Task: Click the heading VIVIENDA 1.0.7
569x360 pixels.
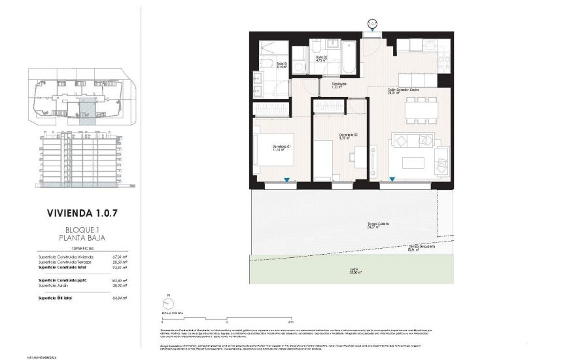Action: [82, 213]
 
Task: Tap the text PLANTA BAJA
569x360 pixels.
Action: [82, 238]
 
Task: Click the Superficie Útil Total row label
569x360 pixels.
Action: [56, 298]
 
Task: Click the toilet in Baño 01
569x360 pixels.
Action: [266, 64]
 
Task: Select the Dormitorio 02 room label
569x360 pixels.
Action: [348, 135]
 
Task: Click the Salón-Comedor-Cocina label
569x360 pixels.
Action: [404, 90]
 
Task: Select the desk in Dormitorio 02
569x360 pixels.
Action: [359, 157]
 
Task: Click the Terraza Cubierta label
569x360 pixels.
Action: [377, 225]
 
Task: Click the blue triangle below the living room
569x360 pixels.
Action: [392, 179]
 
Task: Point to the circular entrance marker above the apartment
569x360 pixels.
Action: [372, 24]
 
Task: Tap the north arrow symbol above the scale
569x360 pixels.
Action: [169, 303]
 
